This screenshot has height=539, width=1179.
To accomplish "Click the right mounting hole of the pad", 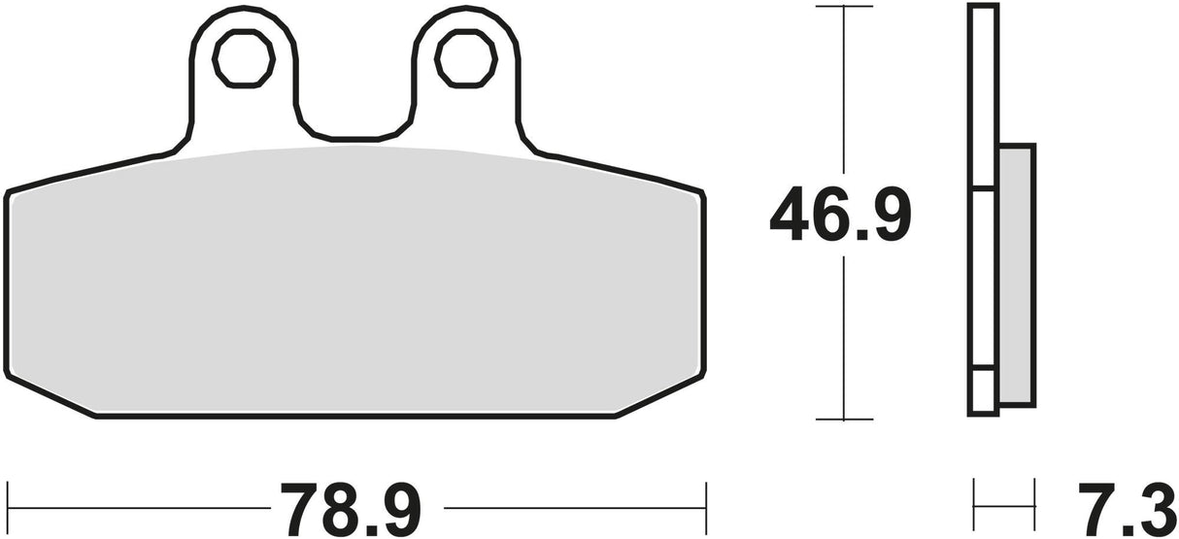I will (466, 59).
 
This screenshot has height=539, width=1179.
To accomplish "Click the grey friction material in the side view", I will (1017, 274).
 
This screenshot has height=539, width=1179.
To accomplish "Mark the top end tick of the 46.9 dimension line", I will (844, 7).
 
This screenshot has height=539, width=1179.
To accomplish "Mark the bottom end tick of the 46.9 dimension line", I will (844, 420).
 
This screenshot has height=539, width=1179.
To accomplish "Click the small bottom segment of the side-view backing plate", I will (984, 391).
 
